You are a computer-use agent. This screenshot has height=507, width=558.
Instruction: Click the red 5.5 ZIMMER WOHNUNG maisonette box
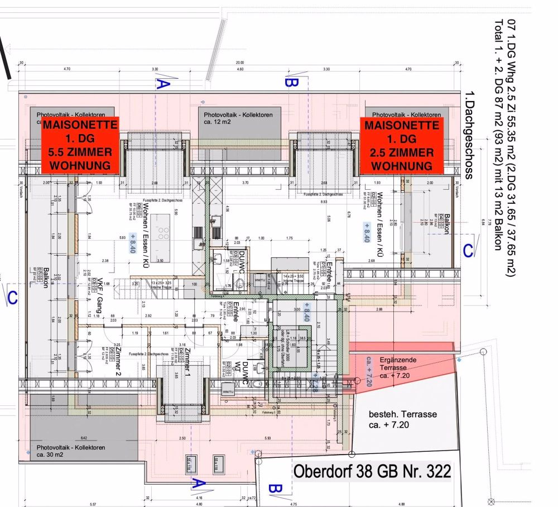(x=79, y=145)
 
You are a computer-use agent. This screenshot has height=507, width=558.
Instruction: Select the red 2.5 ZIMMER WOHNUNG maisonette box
(x=401, y=145)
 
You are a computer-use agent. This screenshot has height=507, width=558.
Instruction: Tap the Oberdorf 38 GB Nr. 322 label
(x=372, y=471)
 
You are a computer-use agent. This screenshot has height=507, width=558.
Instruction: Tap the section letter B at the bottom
(x=274, y=489)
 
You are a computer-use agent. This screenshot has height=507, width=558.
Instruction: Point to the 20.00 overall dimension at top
(x=239, y=63)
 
